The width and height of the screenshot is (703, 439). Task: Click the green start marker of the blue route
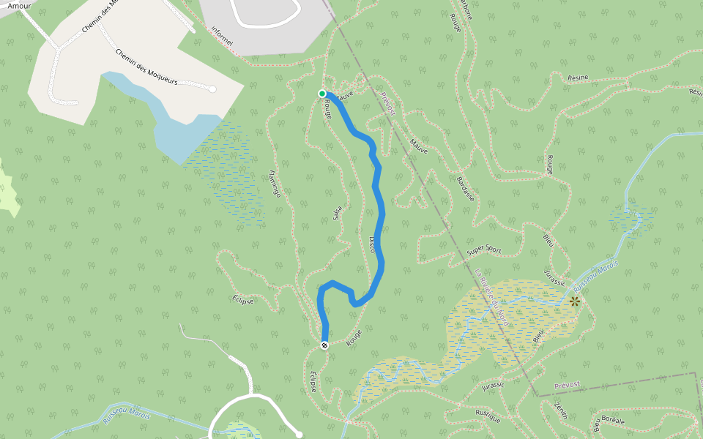[321, 93]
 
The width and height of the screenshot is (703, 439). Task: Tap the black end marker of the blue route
[324, 345]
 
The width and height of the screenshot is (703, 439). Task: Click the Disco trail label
[372, 244]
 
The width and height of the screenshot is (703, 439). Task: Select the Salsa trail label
[337, 212]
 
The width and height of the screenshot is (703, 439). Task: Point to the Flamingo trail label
[275, 184]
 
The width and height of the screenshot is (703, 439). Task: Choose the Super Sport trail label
[485, 249]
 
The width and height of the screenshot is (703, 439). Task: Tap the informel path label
[221, 37]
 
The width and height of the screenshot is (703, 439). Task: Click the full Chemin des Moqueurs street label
[146, 67]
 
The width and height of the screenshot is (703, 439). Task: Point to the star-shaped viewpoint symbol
[575, 301]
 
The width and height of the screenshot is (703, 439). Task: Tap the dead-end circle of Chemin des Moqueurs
[213, 89]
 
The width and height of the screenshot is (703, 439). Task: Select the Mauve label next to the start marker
[345, 94]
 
